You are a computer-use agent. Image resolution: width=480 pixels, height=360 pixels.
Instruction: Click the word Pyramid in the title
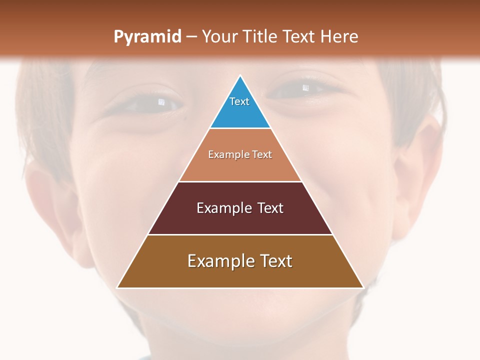(x=147, y=37)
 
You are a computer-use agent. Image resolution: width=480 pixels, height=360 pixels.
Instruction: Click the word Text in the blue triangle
(x=239, y=101)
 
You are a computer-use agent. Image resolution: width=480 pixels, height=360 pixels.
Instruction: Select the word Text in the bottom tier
(x=273, y=261)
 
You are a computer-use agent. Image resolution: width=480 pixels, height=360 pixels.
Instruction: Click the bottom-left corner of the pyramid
(x=117, y=287)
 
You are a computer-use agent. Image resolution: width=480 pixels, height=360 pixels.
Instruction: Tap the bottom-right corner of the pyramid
(x=363, y=287)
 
